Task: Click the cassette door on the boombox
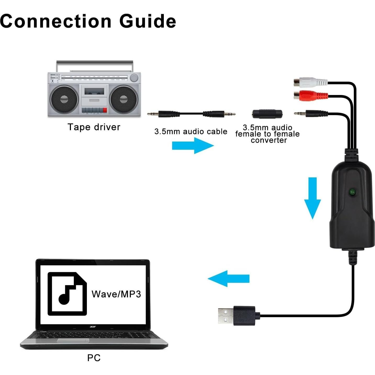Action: [94, 92]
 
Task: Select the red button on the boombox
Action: [105, 110]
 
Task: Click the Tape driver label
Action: [94, 127]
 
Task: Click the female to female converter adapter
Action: [267, 114]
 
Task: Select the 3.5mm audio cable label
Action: [191, 131]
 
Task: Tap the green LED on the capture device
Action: [352, 192]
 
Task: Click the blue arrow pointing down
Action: [312, 198]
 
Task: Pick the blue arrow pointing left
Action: [228, 278]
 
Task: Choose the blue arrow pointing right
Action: [193, 145]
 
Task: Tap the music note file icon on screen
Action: [67, 294]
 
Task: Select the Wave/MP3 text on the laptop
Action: [116, 294]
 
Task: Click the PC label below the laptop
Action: [94, 358]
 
